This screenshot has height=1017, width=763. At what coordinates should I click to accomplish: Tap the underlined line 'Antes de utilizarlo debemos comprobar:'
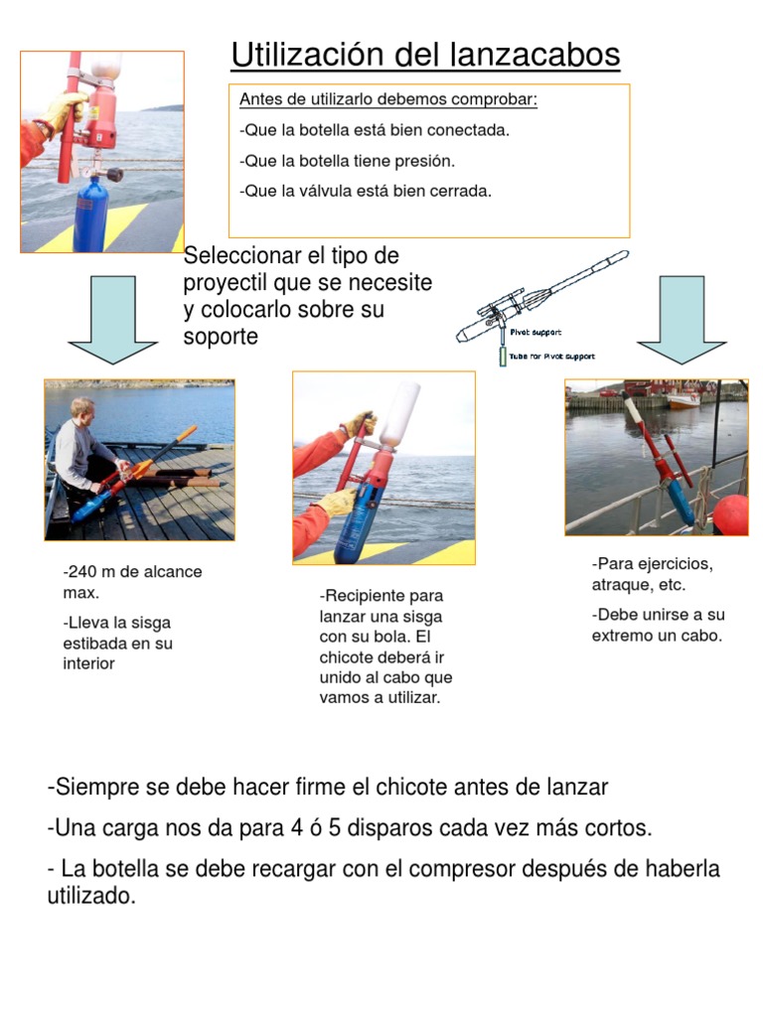[388, 100]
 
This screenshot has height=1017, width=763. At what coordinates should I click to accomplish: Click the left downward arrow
[112, 317]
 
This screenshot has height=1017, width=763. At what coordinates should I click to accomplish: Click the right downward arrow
[682, 317]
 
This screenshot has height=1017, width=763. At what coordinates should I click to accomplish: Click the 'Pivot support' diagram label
[535, 333]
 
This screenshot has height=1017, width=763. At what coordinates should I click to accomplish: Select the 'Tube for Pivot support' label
[551, 357]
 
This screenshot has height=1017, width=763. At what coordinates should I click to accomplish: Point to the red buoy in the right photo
[730, 514]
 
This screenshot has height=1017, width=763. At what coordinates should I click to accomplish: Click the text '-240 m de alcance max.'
[131, 582]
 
